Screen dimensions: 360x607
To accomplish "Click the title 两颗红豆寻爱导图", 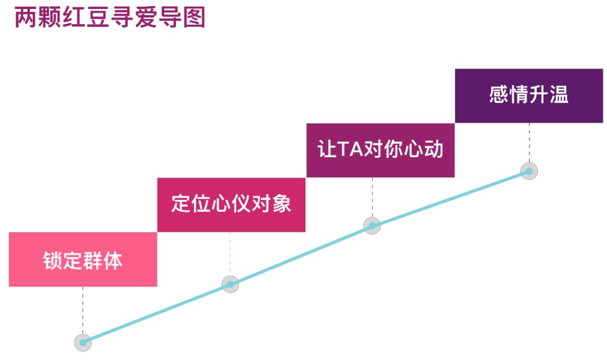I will (110, 17).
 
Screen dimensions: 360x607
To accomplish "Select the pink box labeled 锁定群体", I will (83, 259).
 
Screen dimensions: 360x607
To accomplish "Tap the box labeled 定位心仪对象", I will (231, 204).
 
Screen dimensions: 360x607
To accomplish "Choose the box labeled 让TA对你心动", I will (380, 150).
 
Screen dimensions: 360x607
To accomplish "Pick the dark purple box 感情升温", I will (529, 95).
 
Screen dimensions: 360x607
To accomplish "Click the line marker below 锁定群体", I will (83, 342).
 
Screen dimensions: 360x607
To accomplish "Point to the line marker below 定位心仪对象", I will (230, 284).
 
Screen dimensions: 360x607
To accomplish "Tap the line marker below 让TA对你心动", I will (372, 226).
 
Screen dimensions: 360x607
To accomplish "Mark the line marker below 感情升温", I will (529, 171).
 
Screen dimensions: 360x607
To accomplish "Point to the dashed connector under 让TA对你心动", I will (372, 197).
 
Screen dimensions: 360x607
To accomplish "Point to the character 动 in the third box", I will (434, 150).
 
